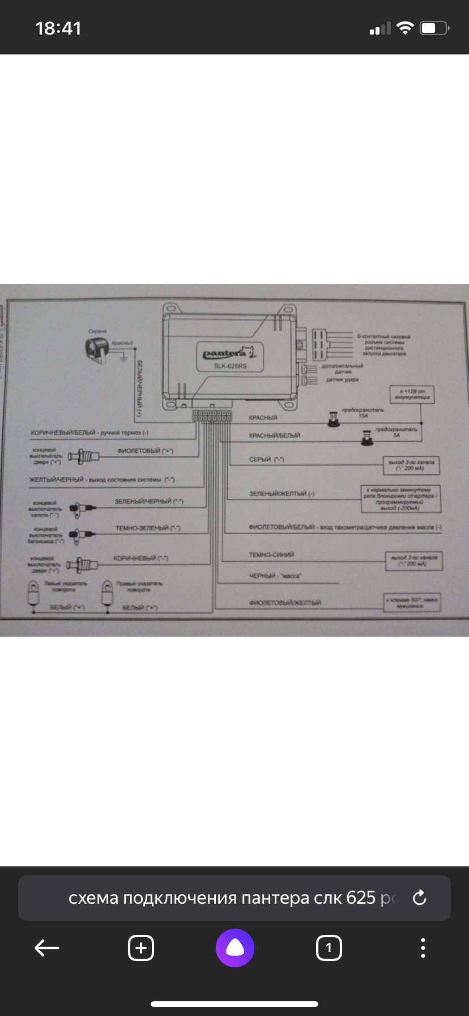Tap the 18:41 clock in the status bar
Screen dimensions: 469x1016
coord(58,28)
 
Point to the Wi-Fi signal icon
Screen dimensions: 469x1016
coord(405,28)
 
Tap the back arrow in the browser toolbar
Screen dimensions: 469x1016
coord(47,947)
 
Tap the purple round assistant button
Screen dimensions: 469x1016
coord(234,947)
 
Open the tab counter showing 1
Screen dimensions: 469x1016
coord(329,947)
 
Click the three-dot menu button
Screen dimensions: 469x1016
coord(423,947)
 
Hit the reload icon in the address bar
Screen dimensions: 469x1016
coord(419,898)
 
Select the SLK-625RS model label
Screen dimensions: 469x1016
coord(230,366)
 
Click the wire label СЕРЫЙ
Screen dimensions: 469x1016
coord(260,460)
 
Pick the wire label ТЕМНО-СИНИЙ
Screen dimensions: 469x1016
coord(271,555)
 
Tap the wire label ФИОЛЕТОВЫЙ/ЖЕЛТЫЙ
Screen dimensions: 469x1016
coord(285,603)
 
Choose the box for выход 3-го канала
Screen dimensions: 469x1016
coord(411,465)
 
